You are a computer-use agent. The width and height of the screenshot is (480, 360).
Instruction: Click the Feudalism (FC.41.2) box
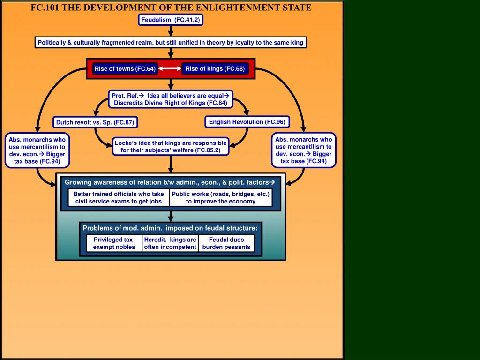coord(171,20)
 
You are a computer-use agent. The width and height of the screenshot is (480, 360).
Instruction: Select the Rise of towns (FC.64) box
coord(125,69)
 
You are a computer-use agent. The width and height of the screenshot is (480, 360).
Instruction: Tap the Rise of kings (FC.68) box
coord(215,69)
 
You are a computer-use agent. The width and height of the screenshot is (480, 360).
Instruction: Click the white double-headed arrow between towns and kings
coord(170,69)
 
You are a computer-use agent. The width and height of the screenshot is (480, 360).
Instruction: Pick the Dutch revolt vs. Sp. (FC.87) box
coord(95,123)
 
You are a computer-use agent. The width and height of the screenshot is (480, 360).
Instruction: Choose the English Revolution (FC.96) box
coord(247,122)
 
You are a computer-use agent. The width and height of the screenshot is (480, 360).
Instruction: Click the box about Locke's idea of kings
coord(171,146)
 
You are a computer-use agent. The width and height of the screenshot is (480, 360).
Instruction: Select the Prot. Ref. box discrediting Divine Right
coord(171,99)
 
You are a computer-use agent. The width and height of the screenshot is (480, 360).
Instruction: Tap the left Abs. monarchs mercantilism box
coord(37,150)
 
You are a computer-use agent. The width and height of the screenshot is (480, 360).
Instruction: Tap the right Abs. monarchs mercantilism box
coord(303,150)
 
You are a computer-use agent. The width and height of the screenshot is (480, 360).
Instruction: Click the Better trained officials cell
coord(119,197)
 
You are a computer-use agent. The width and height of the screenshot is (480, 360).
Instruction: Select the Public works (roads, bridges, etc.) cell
coord(221,197)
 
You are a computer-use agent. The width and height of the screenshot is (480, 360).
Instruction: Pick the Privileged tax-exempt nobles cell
coord(114,243)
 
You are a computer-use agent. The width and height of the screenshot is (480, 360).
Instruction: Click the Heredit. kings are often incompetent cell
coord(170,243)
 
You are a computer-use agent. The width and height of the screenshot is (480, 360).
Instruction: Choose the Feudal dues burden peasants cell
coord(226,243)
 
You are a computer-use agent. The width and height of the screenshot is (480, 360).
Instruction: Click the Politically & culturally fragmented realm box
coord(171,43)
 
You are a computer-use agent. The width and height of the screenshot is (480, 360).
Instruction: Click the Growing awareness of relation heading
coord(169,182)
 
